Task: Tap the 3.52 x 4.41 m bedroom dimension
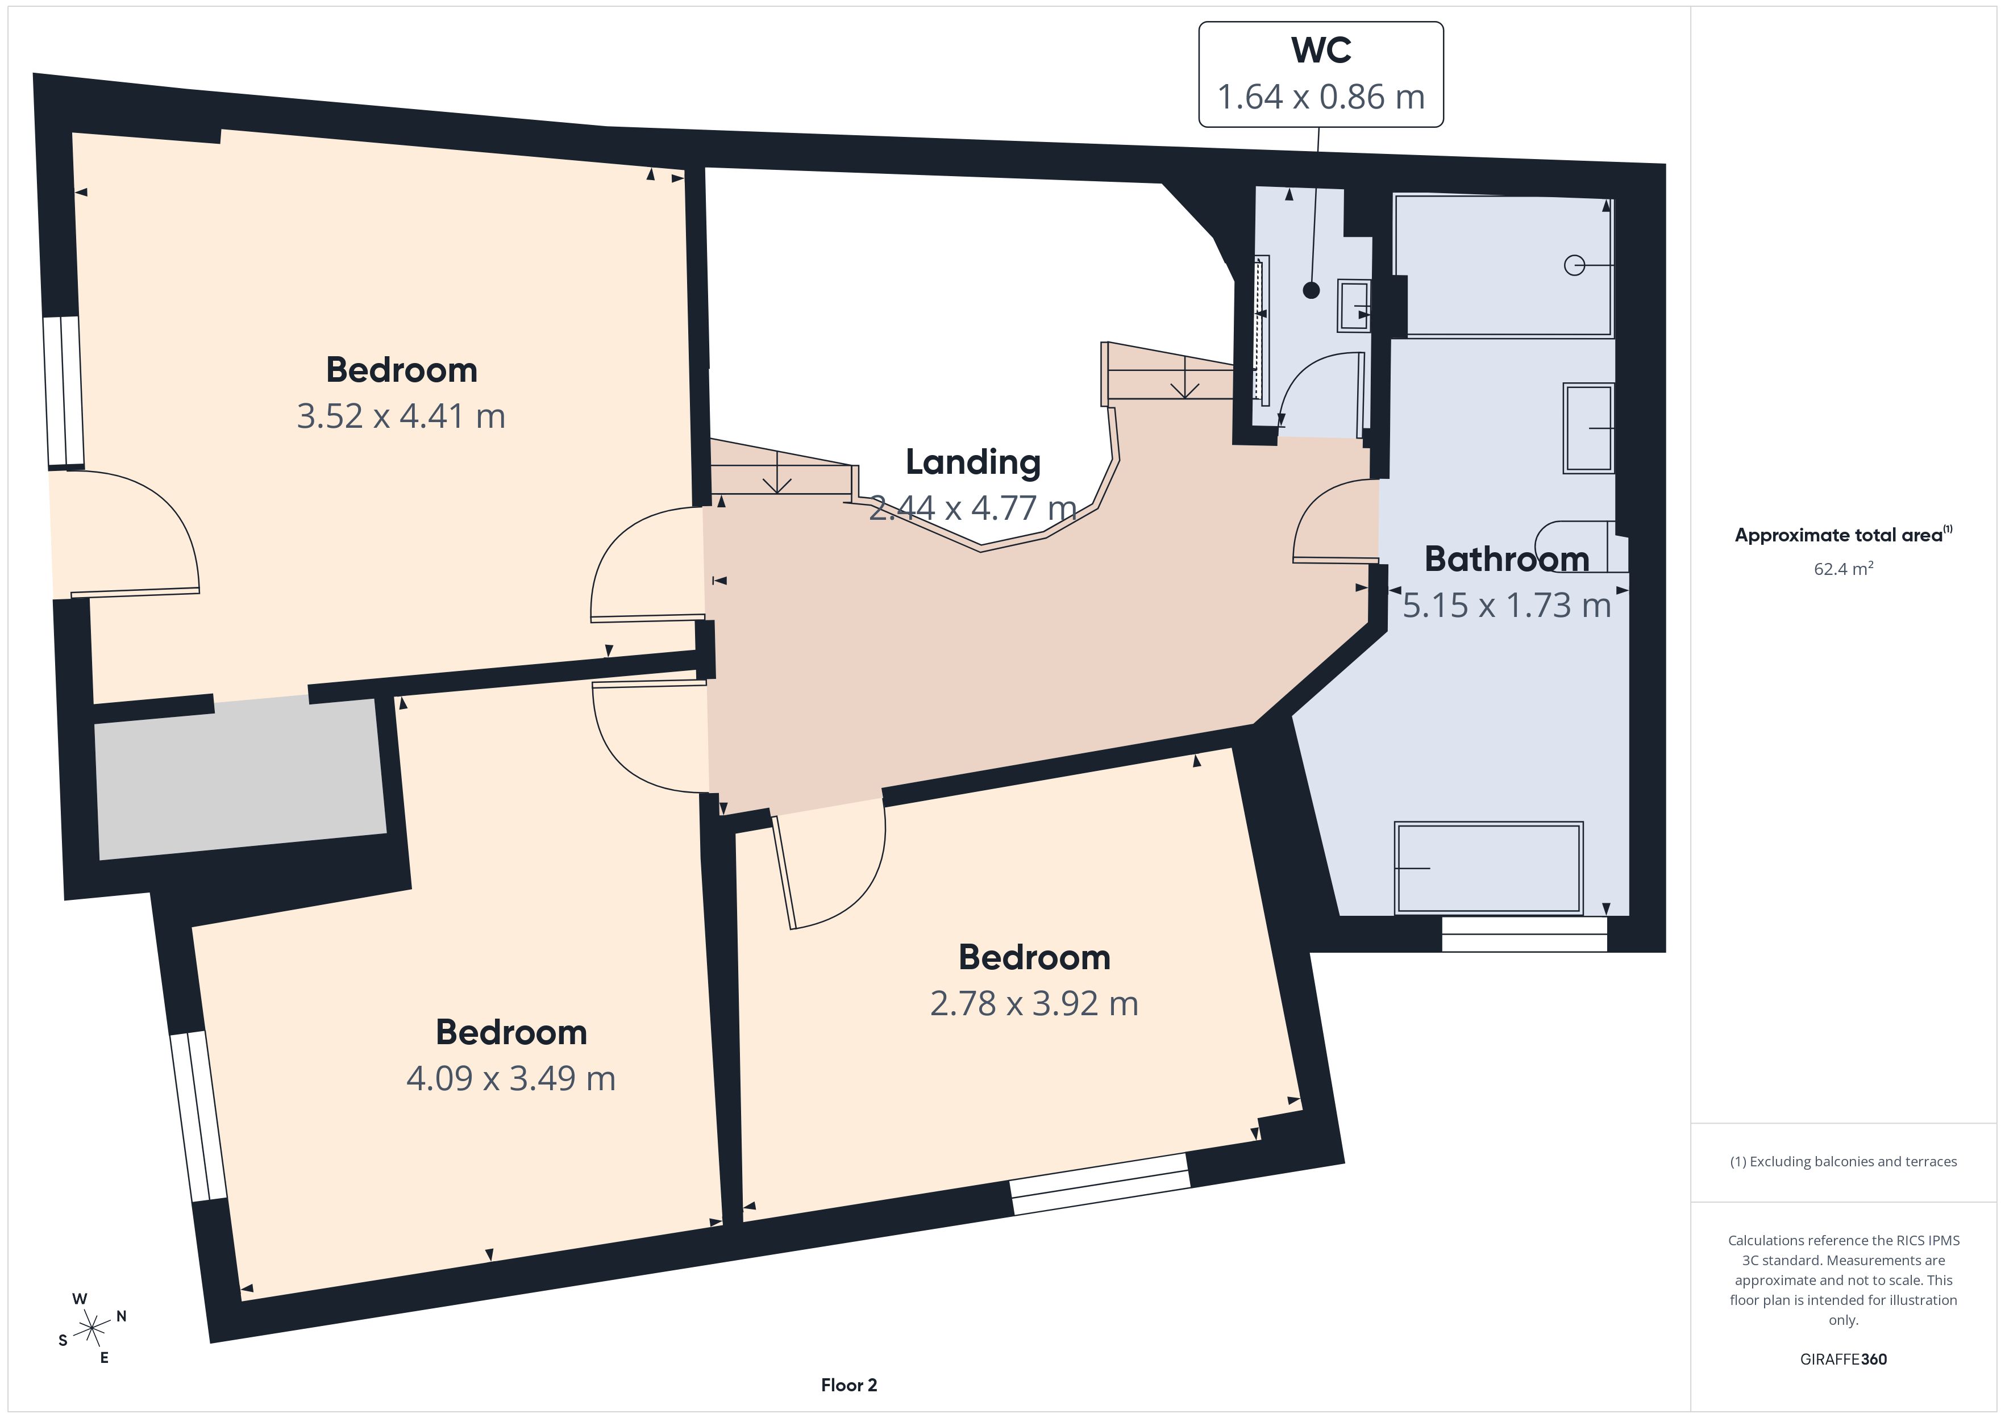401,416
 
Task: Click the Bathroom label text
1507,559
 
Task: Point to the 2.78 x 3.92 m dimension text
1034,1004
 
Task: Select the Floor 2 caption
849,1385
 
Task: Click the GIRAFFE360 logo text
1844,1359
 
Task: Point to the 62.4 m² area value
1844,569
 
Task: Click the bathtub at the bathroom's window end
1489,868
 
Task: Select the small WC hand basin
1354,306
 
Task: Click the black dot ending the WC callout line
1311,291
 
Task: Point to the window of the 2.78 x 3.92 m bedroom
1100,1183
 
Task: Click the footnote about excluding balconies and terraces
1844,1161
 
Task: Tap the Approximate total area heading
1844,535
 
